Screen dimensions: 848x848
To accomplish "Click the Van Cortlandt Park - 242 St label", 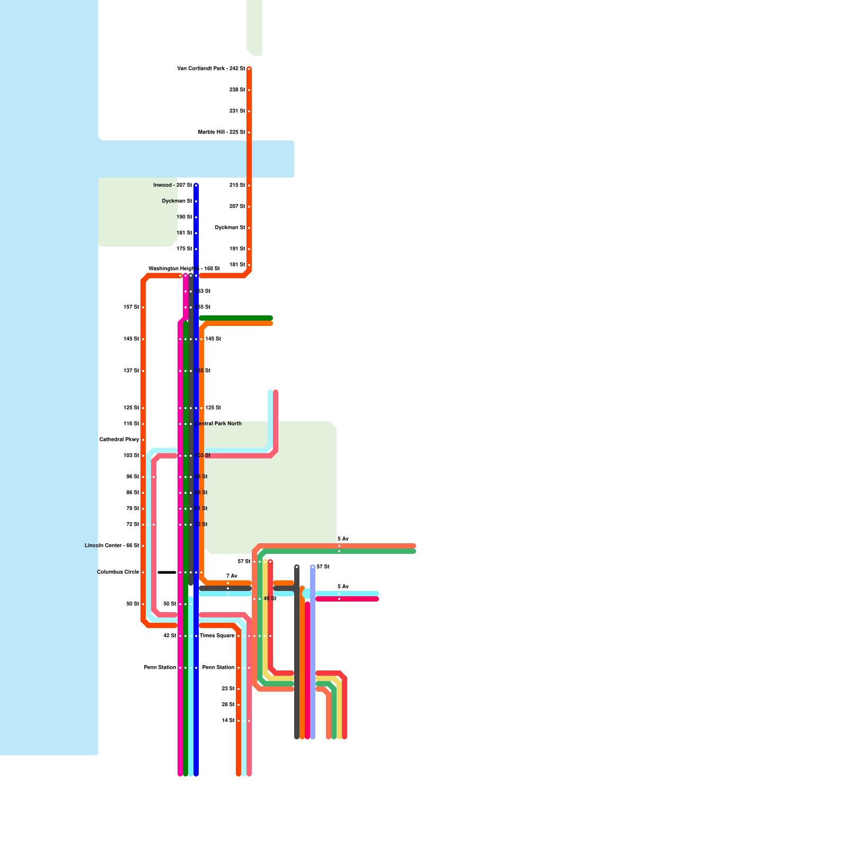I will (x=211, y=69).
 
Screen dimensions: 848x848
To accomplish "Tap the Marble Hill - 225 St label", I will (x=222, y=132).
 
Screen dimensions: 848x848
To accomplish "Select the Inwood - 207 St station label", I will (x=173, y=185).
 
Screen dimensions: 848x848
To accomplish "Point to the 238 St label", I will (x=237, y=90).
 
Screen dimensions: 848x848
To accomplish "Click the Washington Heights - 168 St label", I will (x=184, y=269).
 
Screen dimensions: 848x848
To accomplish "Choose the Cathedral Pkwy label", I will (x=119, y=440).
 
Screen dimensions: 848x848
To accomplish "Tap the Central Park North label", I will (x=218, y=424).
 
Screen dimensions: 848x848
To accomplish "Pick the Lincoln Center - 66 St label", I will (x=112, y=546).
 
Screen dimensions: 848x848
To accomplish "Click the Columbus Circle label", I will (x=118, y=572).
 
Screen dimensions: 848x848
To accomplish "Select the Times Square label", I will (x=217, y=636).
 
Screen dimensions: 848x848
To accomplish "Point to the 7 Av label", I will (x=232, y=576).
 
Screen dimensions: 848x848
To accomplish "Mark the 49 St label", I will (x=270, y=599).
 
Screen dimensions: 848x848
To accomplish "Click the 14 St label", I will (x=228, y=721).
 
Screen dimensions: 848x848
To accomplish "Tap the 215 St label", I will (x=237, y=185).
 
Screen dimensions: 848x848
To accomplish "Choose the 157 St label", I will (x=131, y=307).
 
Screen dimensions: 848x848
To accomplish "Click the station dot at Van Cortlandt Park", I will (x=249, y=69).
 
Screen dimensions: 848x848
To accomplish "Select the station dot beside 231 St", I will (x=249, y=111).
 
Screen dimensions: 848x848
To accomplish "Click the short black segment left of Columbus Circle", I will (x=167, y=572).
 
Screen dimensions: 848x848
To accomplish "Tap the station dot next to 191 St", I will (x=249, y=249).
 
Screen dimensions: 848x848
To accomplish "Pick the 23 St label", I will (x=228, y=689).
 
